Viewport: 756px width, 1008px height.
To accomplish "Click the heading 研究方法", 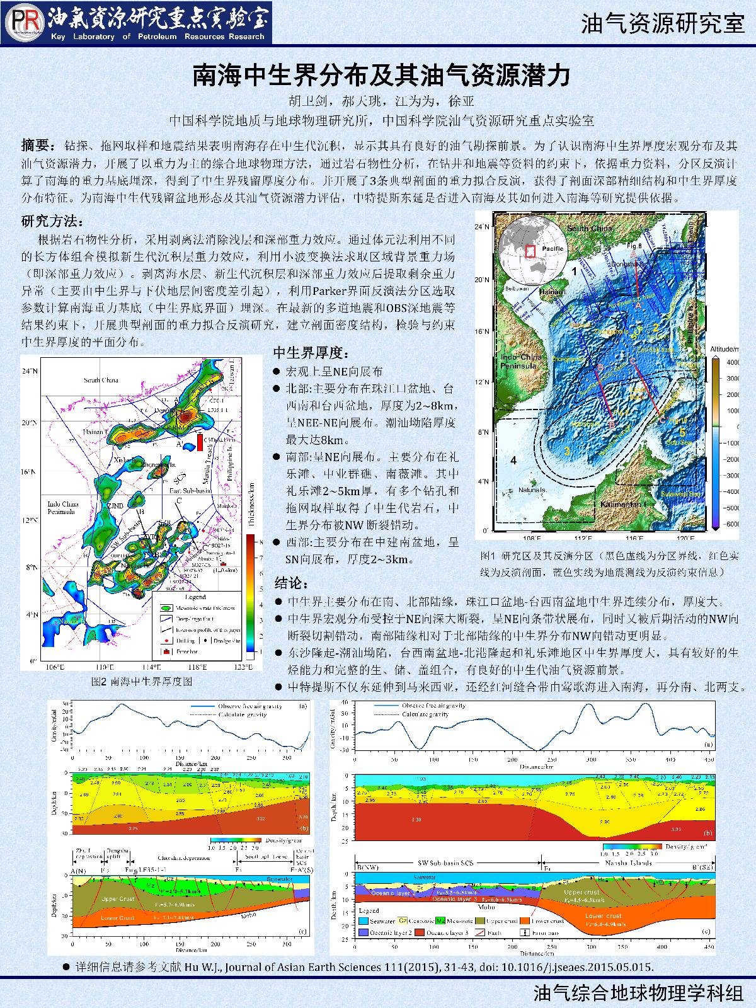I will pos(52,222).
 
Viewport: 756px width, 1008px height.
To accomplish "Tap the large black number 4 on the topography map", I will pos(513,461).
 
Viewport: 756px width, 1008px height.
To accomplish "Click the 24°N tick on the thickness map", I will pos(30,372).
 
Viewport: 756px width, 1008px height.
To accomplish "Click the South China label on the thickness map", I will pos(101,381).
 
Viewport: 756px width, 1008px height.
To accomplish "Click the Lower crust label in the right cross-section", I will pos(603,916).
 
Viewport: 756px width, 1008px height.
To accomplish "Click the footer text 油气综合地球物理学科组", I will pos(638,994).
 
